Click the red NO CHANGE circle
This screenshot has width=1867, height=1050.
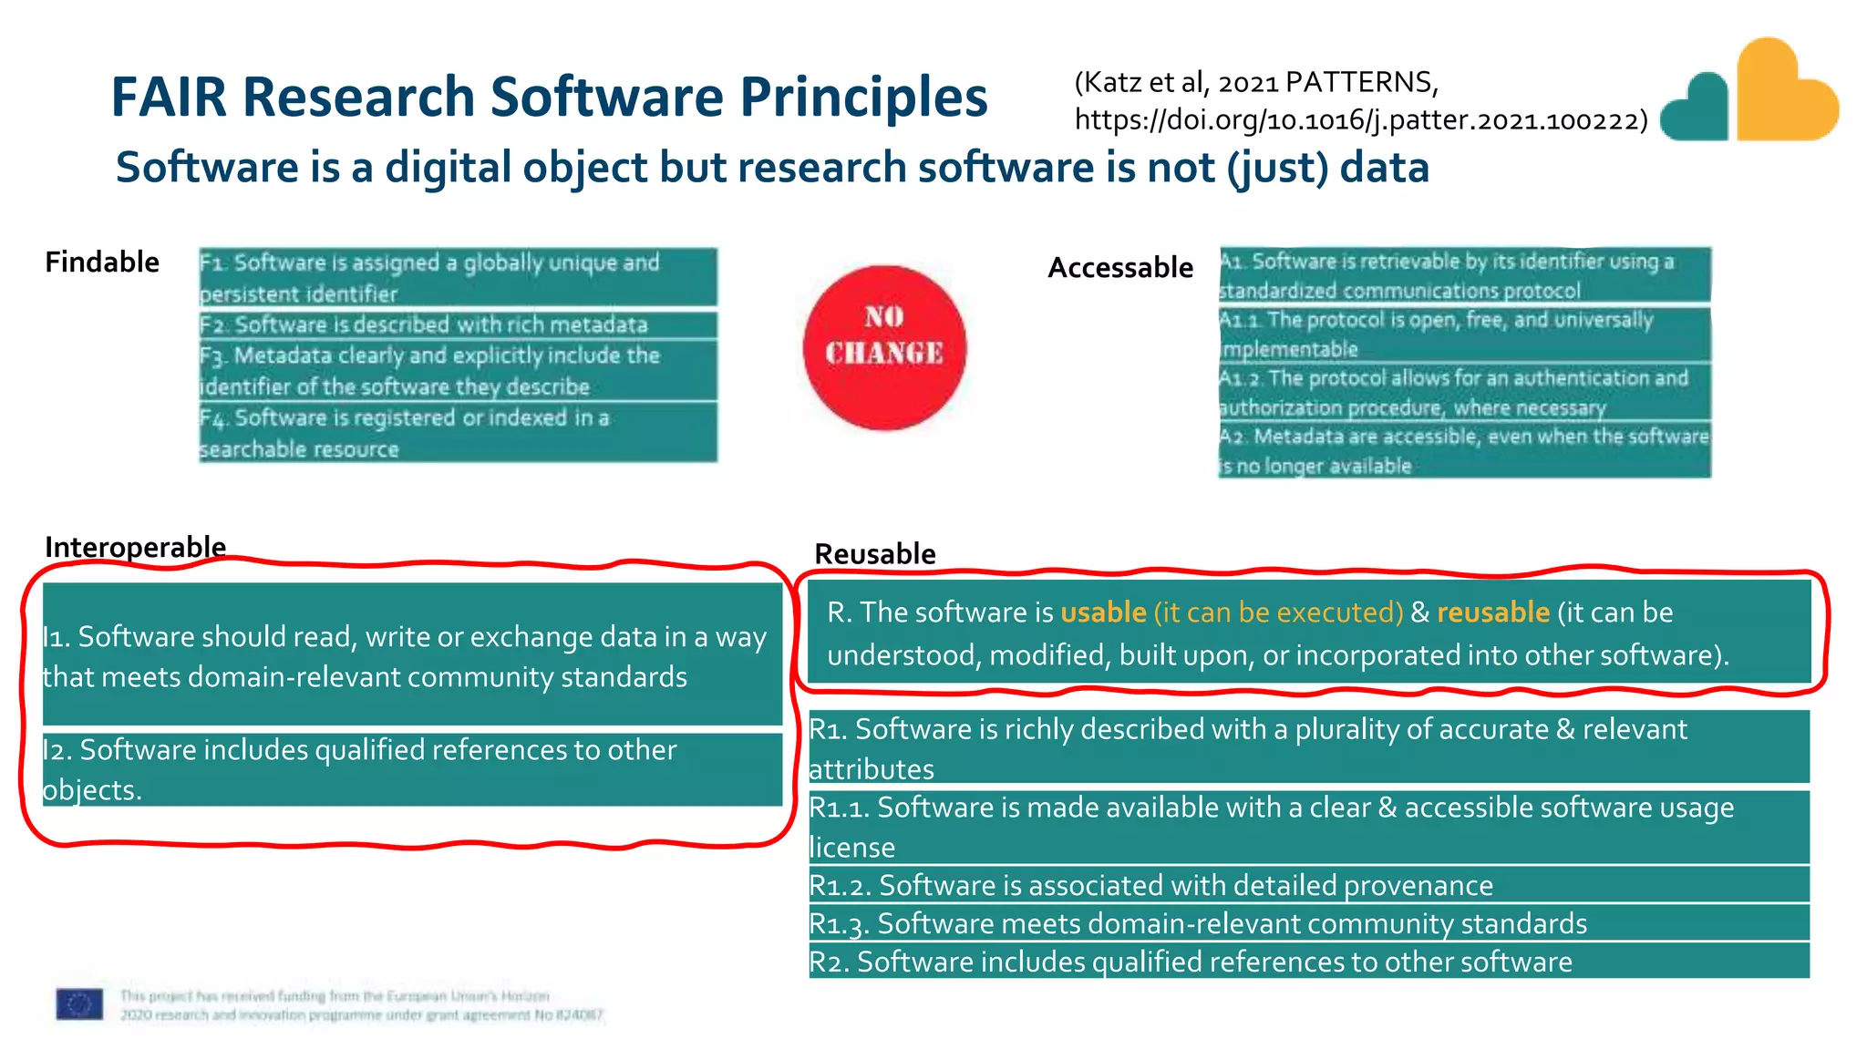(x=883, y=347)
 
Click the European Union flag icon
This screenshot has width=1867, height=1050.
(x=79, y=1004)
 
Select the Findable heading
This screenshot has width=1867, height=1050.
(x=102, y=262)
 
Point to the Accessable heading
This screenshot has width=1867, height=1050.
(x=1120, y=268)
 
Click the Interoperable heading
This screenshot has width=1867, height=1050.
(x=136, y=547)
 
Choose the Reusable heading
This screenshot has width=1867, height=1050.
(x=875, y=554)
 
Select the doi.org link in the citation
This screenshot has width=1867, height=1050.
(x=1361, y=120)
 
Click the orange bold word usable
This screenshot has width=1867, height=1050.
(x=1103, y=612)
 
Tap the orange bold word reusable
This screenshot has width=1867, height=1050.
(x=1493, y=612)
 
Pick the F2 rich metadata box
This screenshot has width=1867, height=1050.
(x=458, y=324)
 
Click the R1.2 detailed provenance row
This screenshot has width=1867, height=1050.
(x=1308, y=885)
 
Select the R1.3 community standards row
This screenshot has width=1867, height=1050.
(x=1308, y=923)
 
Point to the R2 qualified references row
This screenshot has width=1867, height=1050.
(x=1308, y=962)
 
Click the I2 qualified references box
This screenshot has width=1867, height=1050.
(x=412, y=769)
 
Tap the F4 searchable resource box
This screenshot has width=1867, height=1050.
(x=458, y=433)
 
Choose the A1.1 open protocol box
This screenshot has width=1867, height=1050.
(x=1464, y=335)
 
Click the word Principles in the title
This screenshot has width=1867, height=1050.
(x=863, y=97)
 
